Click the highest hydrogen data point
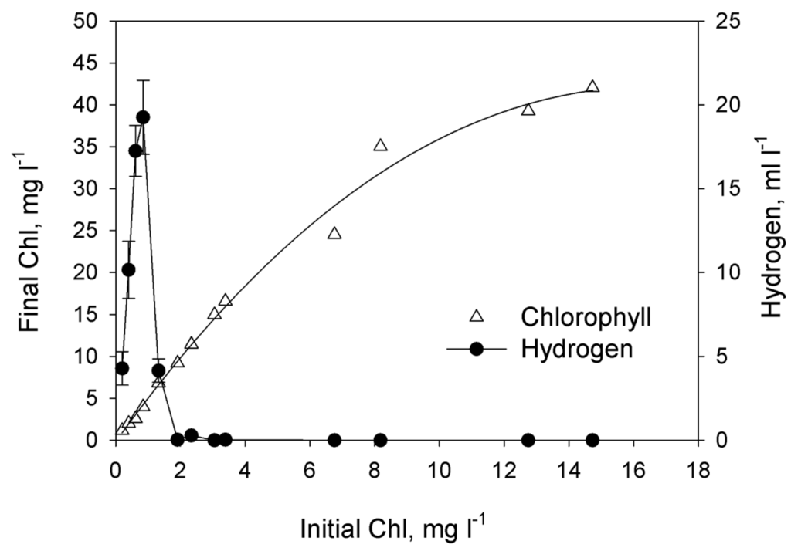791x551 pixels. [143, 117]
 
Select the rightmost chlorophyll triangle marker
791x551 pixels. [592, 86]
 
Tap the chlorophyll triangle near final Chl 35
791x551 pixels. [380, 145]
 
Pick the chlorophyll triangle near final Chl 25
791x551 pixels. [334, 233]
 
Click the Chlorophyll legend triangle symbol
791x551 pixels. [477, 315]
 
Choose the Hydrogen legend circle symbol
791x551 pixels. [477, 349]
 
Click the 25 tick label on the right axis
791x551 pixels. [724, 21]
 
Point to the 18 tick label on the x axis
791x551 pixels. [698, 468]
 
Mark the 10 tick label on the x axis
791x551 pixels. [439, 468]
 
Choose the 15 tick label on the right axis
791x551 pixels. [724, 188]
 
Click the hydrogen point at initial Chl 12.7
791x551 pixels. [528, 440]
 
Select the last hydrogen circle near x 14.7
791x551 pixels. [592, 440]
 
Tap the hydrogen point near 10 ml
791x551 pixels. [129, 269]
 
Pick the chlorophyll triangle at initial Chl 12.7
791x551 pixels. [528, 110]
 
